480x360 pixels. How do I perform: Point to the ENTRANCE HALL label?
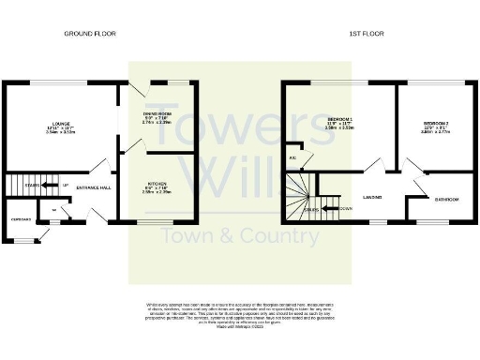[96, 188]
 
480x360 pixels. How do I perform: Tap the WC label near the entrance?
[54, 210]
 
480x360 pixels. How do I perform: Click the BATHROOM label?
[444, 199]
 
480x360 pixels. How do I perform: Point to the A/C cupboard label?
[293, 157]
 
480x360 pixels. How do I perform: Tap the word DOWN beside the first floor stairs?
[345, 209]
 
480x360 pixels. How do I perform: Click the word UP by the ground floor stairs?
[65, 185]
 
